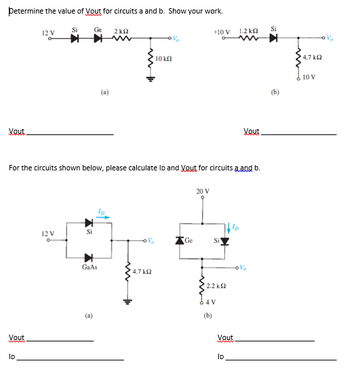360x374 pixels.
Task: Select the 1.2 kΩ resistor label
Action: [x=247, y=31]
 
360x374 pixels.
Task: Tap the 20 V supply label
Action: [x=203, y=192]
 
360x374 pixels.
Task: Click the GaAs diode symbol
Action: [x=88, y=258]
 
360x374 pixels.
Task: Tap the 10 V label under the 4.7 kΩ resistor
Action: [x=310, y=77]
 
